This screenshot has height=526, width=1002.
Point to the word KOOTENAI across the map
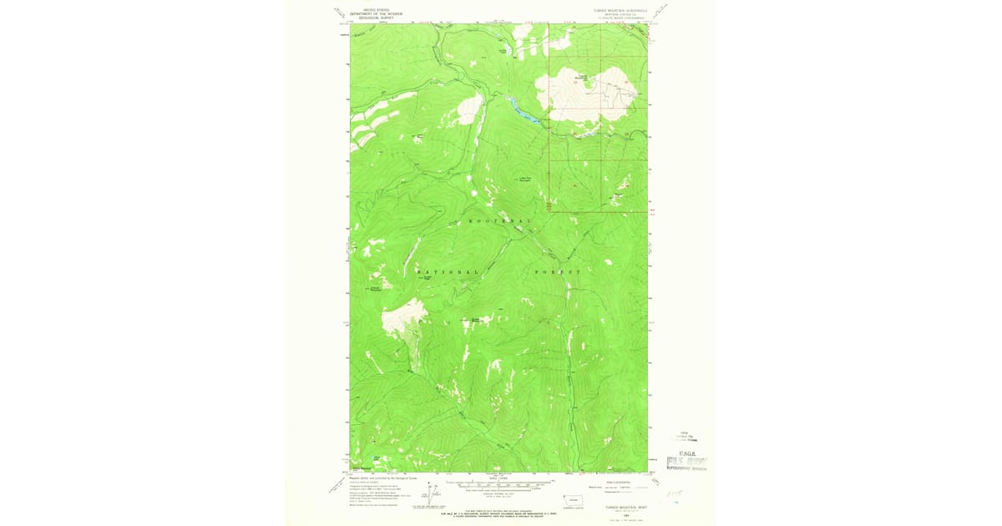click(x=499, y=220)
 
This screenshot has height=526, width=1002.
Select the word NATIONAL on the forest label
click(x=448, y=272)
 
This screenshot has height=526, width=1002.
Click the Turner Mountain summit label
click(x=584, y=78)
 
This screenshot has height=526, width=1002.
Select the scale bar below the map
click(x=499, y=482)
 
